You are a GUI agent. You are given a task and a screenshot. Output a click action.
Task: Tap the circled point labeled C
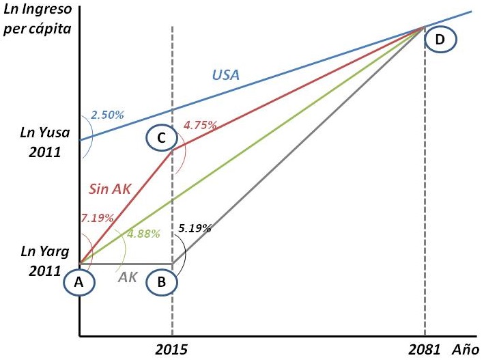tap(161, 138)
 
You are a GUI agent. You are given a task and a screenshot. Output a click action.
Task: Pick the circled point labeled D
tap(440, 40)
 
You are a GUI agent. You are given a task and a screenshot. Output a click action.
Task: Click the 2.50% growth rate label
tap(107, 115)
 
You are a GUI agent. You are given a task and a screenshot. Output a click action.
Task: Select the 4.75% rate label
tap(200, 125)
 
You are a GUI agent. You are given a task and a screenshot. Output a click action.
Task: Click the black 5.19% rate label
tap(194, 228)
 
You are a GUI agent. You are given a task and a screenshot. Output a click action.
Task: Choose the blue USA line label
tap(225, 74)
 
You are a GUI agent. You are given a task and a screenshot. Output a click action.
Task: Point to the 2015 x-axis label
tap(171, 348)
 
